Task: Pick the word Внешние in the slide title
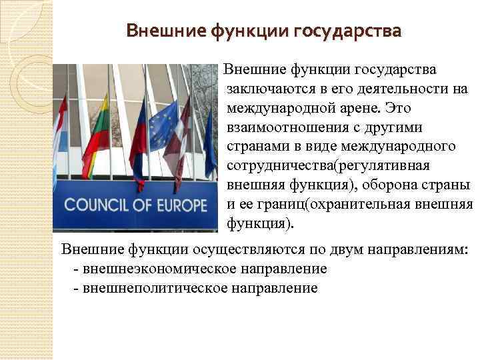pos(164,31)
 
